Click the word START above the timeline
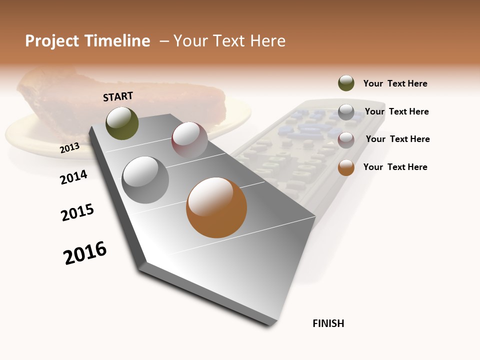click(118, 96)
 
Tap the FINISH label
click(328, 323)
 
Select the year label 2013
click(69, 147)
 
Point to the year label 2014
click(73, 177)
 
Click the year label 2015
click(77, 212)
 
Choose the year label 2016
click(85, 252)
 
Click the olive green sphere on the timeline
click(122, 123)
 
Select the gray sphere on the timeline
click(145, 180)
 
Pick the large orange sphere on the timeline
click(216, 207)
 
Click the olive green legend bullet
click(346, 83)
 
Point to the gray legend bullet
click(346, 112)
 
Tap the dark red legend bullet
click(346, 140)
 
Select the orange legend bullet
click(346, 167)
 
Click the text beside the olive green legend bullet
click(395, 83)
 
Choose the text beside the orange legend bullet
click(395, 167)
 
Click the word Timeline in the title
click(118, 41)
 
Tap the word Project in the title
click(51, 41)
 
